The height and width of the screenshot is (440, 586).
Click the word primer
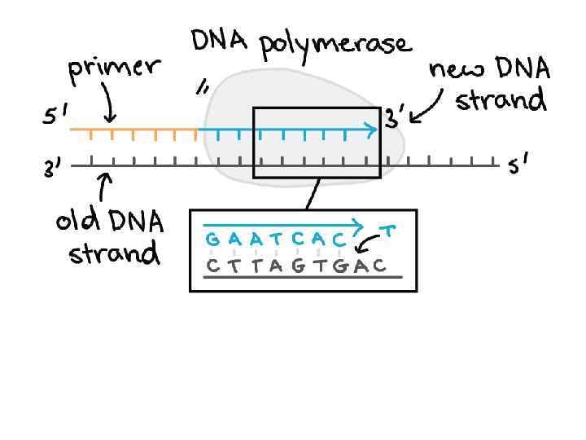point(113,68)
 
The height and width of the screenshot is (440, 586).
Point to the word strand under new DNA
point(500,101)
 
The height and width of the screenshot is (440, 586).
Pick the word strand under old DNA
point(114,253)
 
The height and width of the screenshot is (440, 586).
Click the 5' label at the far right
point(518,167)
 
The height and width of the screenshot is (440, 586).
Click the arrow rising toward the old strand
point(104,188)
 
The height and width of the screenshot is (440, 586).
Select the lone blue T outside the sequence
point(389,232)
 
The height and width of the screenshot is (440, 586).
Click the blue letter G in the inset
point(212,240)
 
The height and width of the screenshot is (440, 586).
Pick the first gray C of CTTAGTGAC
point(212,266)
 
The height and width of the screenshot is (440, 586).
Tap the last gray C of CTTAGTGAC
point(380,266)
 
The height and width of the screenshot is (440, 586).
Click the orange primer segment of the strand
point(133,130)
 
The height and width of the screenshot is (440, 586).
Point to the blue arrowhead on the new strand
point(372,129)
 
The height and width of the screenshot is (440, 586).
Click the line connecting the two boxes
point(311,194)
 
